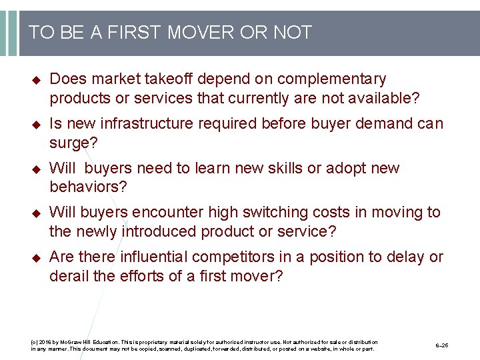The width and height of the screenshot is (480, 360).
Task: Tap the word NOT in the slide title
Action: [x=292, y=33]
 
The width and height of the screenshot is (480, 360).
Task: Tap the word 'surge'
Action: [x=68, y=143]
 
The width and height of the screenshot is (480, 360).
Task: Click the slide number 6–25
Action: [x=442, y=346]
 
